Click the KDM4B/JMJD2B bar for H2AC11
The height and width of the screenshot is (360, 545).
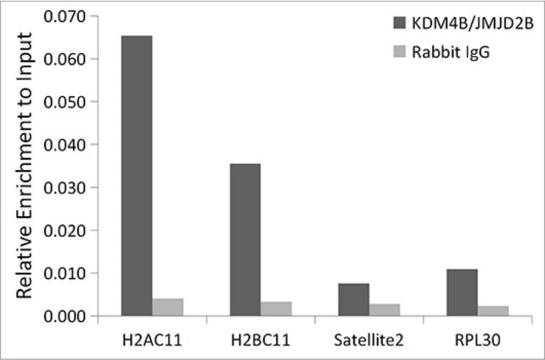tap(137, 176)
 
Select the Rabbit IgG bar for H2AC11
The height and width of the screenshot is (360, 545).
tap(168, 307)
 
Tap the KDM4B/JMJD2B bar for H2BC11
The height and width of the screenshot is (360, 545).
tap(245, 239)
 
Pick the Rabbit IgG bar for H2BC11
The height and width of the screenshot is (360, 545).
tap(276, 309)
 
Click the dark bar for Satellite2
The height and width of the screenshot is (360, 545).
tap(354, 299)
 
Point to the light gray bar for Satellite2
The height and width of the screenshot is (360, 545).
tap(385, 310)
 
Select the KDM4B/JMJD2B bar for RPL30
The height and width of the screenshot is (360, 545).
tap(462, 293)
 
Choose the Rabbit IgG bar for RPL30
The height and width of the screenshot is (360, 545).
tap(493, 311)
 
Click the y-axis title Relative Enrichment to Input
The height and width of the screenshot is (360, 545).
tap(23, 170)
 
